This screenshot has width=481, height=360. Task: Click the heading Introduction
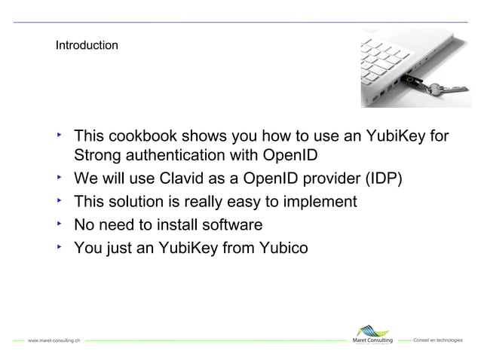coord(86,46)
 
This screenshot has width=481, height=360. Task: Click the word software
coord(226,224)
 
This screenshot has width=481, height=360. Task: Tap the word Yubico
coord(282,247)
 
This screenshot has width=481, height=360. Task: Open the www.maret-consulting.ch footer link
coord(54,341)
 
